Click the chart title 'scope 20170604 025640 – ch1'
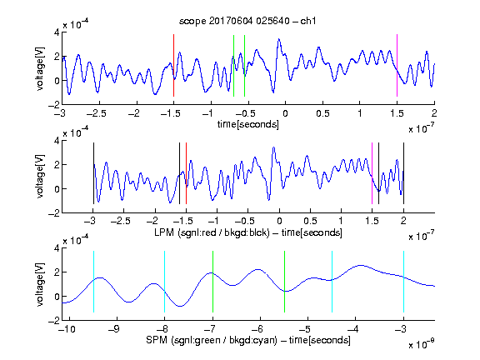pos(247,21)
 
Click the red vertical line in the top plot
pos(173,66)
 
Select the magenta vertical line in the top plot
pos(397,66)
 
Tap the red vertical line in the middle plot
pos(186,173)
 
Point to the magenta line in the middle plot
pos(372,173)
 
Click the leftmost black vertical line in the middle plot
pos(93,173)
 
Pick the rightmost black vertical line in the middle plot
pos(403,173)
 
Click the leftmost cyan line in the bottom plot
pos(93,282)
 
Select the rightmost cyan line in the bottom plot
pos(403,282)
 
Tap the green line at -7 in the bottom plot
pos(212,282)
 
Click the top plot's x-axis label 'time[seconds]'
pos(248,124)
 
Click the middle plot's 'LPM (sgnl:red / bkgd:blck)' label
pos(212,232)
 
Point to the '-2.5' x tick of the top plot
pos(96,113)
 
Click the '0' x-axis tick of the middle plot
pos(279,221)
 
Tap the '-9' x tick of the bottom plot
pos(114,329)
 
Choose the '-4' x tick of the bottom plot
pos(352,329)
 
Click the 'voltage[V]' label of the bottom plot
pos(40,284)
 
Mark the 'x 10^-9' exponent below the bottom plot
pos(421,344)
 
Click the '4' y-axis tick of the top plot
pos(57,32)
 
